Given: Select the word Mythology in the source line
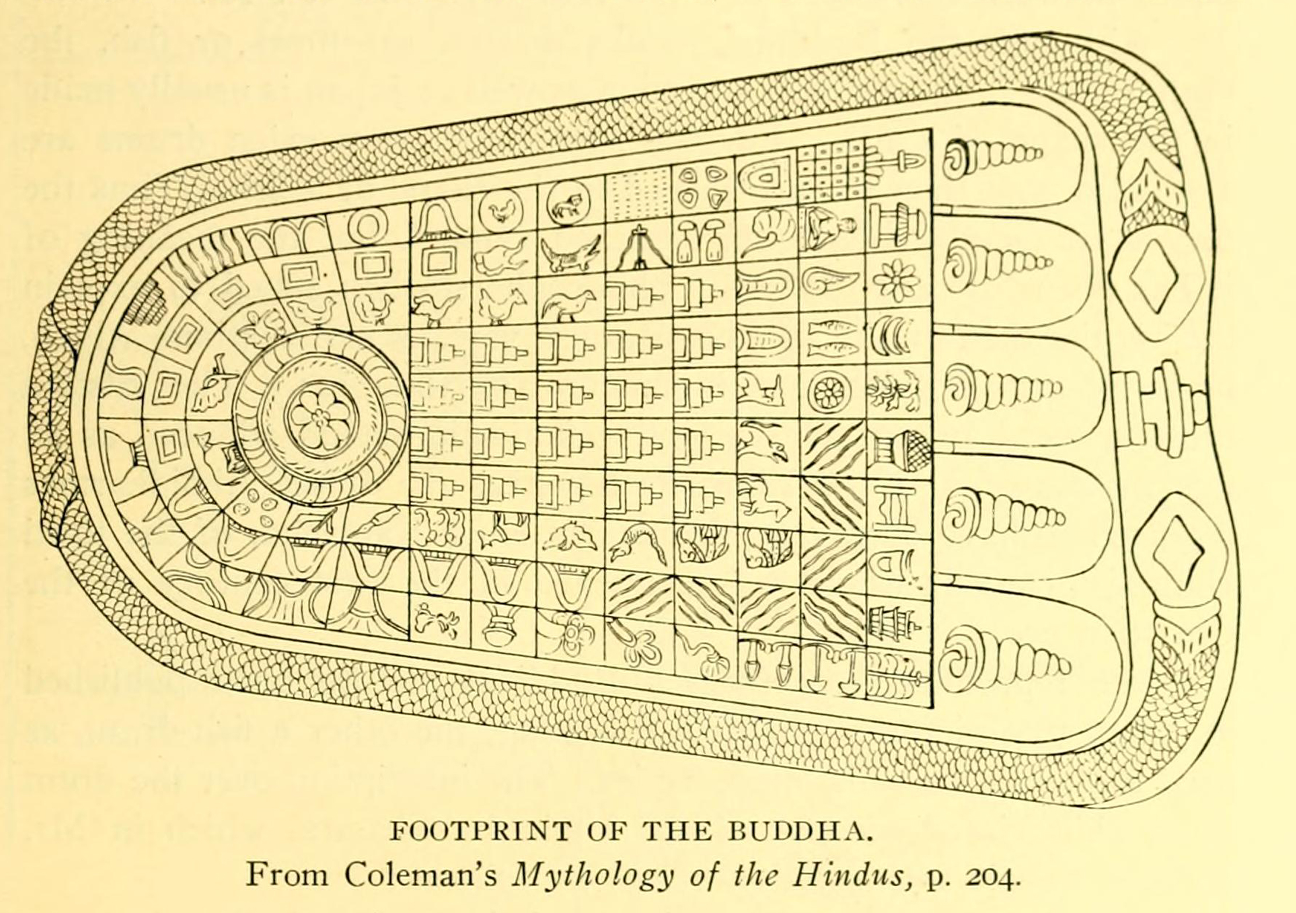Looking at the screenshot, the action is click(x=591, y=876).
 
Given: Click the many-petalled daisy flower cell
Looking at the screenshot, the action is click(x=896, y=279).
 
